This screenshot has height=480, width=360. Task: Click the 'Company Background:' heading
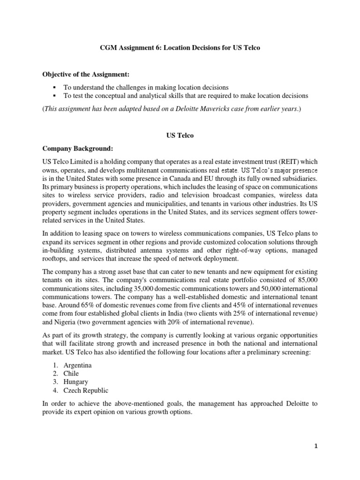tap(77, 149)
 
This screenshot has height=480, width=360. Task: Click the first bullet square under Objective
tap(55, 87)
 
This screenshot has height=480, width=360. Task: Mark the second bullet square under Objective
tap(55, 96)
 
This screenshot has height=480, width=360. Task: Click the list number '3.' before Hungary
tap(55, 382)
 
